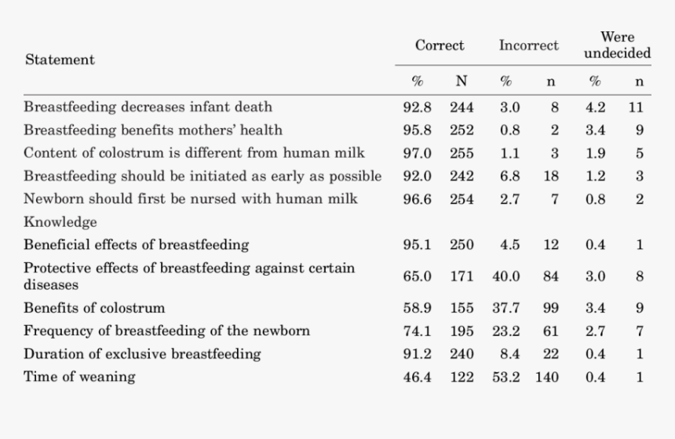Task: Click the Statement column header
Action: (x=60, y=60)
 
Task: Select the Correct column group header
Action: (x=440, y=46)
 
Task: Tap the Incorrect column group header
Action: (x=528, y=46)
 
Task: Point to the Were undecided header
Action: (x=617, y=46)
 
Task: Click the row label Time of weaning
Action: (x=78, y=377)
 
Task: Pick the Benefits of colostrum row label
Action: (x=94, y=308)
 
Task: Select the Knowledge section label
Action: (x=60, y=222)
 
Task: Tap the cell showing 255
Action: (x=462, y=153)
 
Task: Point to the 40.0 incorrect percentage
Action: (x=506, y=276)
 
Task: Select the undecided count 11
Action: (x=636, y=108)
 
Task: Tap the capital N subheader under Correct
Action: (x=462, y=81)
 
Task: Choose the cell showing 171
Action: (x=462, y=276)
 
